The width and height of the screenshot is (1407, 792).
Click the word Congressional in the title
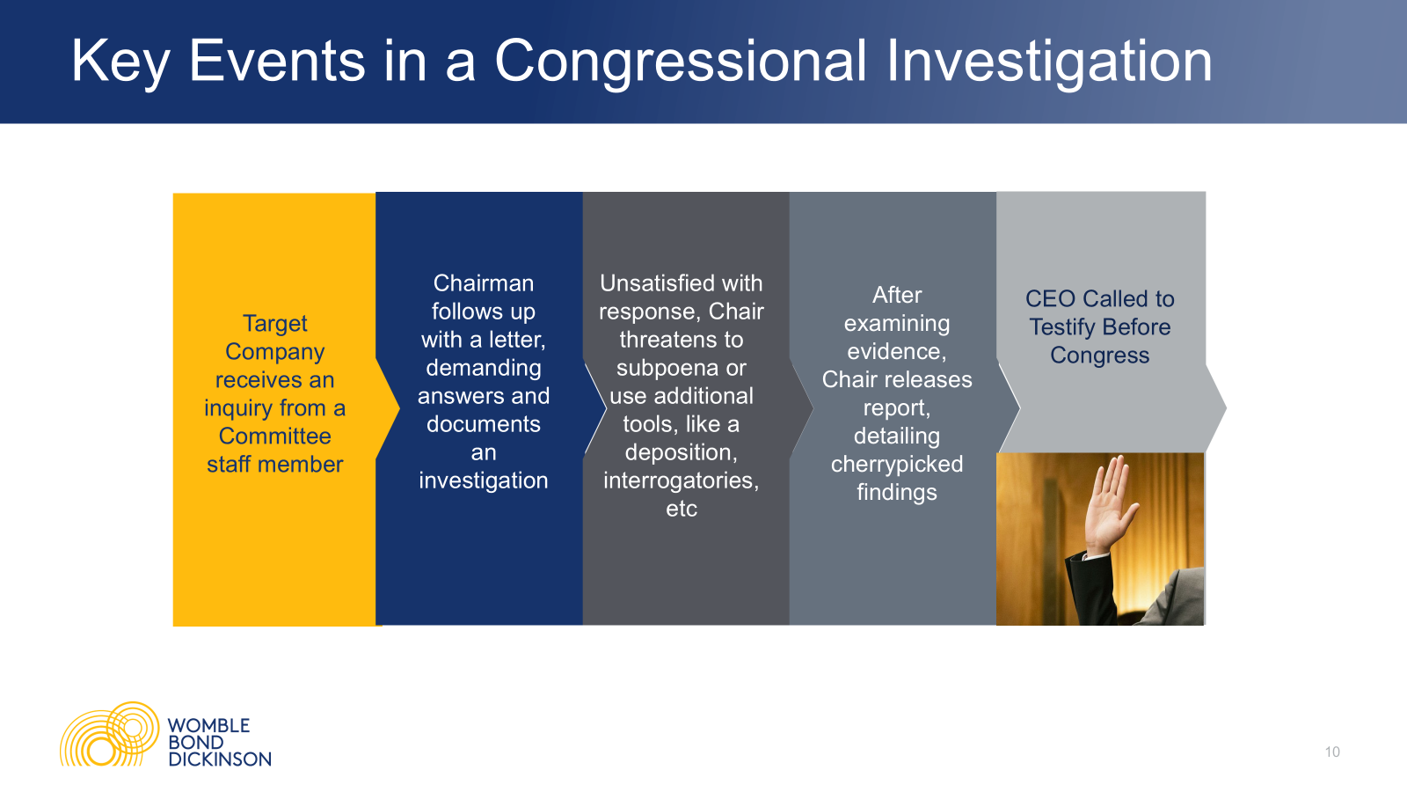[x=682, y=62]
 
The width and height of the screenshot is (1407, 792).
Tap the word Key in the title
[x=120, y=62]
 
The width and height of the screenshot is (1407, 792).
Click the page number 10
[x=1332, y=752]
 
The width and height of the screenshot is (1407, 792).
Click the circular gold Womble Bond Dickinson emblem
[x=109, y=734]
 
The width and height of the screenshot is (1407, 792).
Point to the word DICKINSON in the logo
[x=220, y=759]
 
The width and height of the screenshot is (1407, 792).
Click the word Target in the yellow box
[x=274, y=324]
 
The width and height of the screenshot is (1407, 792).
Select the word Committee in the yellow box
[x=274, y=436]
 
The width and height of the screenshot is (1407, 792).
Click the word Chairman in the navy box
[x=483, y=283]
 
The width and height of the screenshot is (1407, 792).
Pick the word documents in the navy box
[x=483, y=424]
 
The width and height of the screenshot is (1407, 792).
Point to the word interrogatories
[x=681, y=480]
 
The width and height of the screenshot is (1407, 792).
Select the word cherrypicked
[x=897, y=465]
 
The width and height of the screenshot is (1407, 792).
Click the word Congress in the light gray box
[x=1100, y=356]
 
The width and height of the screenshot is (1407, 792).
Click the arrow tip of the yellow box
[x=399, y=409]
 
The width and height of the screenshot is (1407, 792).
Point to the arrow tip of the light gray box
[x=1226, y=408]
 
